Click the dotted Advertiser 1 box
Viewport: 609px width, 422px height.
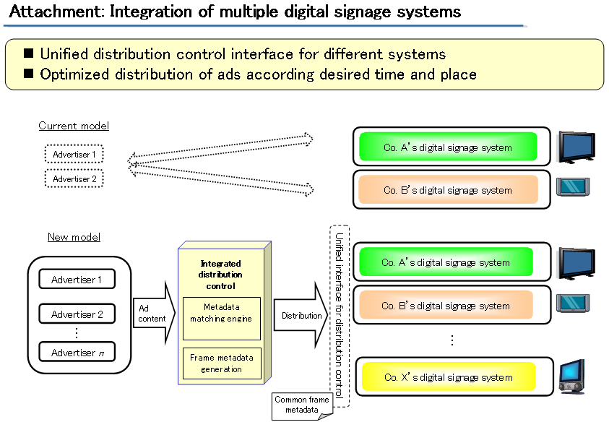pos(75,154)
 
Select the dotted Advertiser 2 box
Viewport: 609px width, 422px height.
pos(75,178)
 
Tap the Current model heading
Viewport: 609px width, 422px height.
pos(74,126)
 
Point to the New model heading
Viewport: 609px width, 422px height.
pos(74,237)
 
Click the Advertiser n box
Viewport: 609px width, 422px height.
pos(77,353)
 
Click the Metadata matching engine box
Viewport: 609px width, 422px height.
pos(221,313)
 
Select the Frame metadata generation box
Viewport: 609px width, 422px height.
pos(221,363)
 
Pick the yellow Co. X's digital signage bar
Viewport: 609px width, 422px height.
pos(447,377)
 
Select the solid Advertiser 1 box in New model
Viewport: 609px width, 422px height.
pos(77,280)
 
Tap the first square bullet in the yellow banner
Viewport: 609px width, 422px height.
pos(29,54)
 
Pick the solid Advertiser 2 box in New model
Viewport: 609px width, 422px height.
pos(77,314)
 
